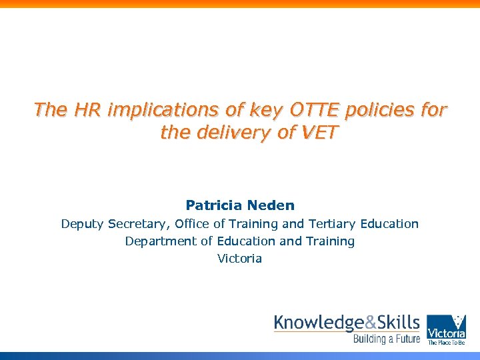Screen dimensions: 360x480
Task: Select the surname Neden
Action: click(270, 205)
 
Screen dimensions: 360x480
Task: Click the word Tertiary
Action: click(331, 224)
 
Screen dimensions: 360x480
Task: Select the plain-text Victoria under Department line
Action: click(240, 259)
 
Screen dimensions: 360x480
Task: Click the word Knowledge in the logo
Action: click(319, 323)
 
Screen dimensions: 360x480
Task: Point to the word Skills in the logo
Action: click(398, 323)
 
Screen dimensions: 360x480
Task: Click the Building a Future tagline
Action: click(387, 339)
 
